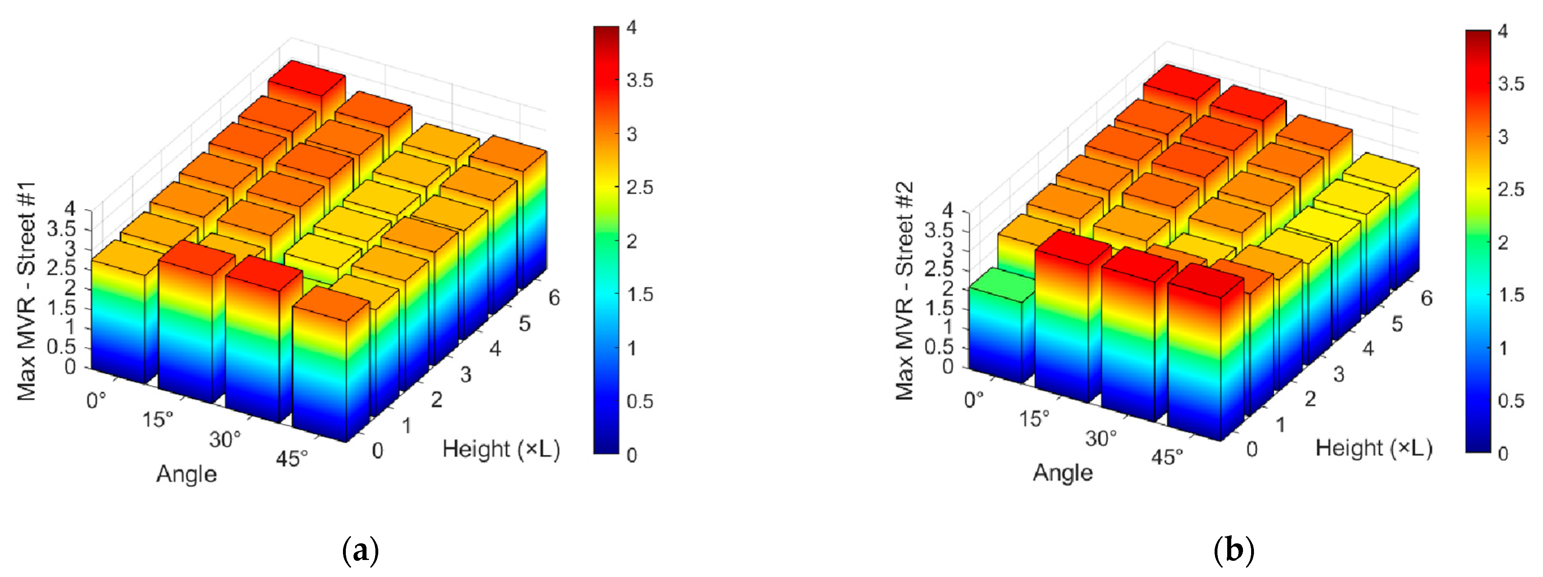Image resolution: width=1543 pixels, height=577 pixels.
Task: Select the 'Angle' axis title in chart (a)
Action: pos(186,474)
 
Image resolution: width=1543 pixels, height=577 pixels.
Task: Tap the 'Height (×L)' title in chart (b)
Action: pos(1374,448)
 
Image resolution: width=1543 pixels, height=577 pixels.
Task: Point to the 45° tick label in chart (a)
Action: pos(292,458)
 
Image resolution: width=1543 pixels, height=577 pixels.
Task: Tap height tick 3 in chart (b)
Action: pos(1338,375)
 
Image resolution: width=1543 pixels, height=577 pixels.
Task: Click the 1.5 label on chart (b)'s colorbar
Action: pos(1511,295)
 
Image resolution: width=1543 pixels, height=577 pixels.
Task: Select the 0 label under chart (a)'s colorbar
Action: pos(632,455)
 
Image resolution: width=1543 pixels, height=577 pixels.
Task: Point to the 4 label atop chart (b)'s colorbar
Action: pos(1503,31)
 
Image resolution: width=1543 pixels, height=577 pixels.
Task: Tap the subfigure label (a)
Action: pos(360,549)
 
